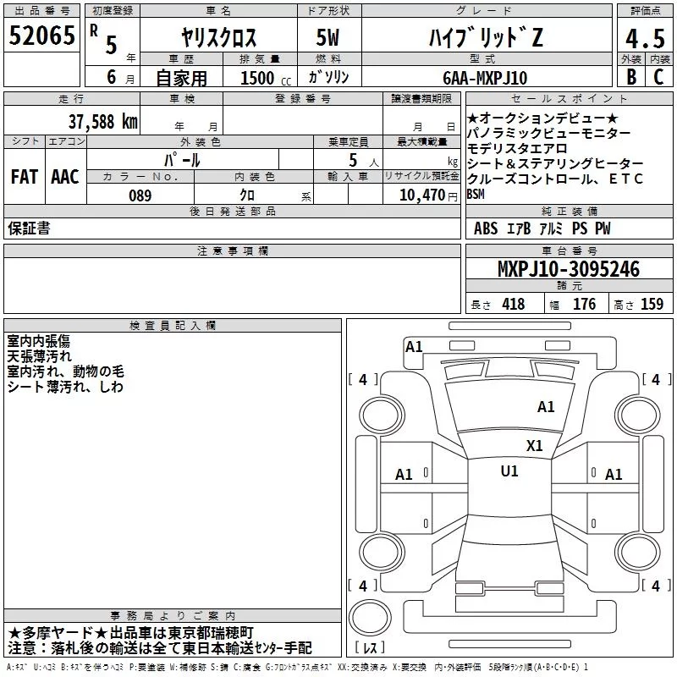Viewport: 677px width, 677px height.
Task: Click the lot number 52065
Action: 41,36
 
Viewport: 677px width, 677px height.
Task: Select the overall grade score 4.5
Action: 646,39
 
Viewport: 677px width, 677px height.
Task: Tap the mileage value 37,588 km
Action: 102,122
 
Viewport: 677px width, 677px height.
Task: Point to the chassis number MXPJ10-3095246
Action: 569,268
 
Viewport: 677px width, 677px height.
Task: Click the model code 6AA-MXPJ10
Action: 485,78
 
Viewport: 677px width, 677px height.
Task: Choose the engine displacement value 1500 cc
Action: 266,78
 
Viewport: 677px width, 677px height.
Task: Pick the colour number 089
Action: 140,195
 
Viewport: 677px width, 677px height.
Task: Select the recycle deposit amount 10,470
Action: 422,195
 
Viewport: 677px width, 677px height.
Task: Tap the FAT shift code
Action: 25,177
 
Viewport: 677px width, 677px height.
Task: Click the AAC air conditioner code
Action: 65,177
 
